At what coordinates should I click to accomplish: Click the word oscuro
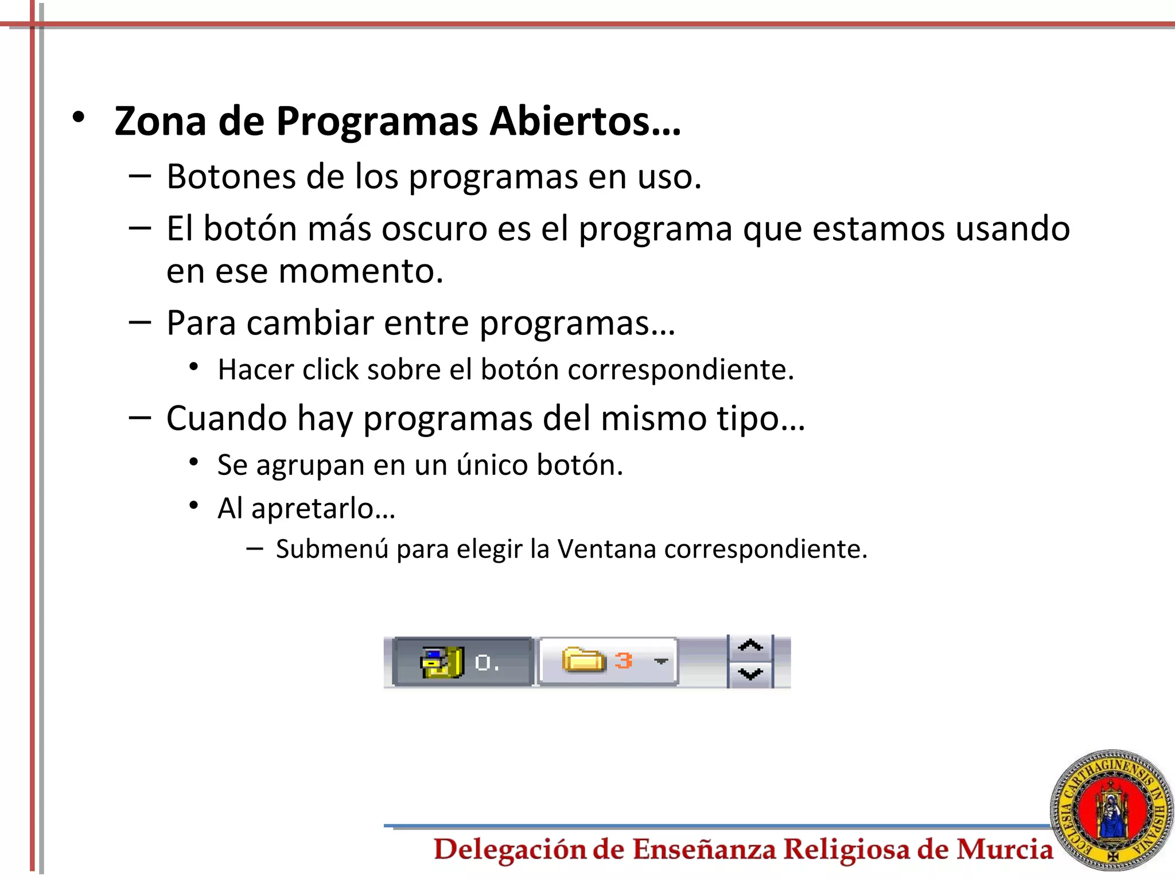click(434, 228)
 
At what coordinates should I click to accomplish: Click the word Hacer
click(256, 369)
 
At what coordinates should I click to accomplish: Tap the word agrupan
click(310, 465)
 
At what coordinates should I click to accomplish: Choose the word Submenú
click(332, 549)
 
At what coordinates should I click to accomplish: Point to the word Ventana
click(606, 549)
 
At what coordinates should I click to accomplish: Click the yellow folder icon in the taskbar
click(583, 660)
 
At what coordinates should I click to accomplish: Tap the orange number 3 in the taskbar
click(624, 661)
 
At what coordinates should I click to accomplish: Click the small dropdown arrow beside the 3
click(661, 661)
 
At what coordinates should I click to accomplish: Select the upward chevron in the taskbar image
click(750, 646)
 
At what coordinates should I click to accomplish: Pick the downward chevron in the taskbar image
click(750, 673)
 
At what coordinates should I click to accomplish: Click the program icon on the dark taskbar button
click(442, 662)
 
